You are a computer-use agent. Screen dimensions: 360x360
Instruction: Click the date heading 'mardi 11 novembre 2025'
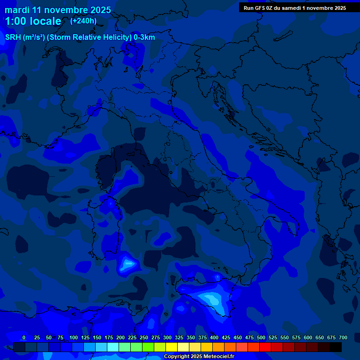pos(58,10)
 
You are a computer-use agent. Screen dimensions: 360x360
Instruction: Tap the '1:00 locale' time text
pos(33,21)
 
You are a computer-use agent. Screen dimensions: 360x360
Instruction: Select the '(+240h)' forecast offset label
pos(83,21)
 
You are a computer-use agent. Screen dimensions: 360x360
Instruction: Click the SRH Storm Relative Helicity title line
pos(80,37)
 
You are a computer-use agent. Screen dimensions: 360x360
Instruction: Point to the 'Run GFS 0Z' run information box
pos(295,8)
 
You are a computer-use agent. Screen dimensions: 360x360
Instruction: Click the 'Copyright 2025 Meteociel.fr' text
pos(199,357)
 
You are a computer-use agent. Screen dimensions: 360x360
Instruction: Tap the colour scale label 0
pos(24,338)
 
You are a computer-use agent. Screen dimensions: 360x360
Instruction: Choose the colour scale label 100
pos(74,338)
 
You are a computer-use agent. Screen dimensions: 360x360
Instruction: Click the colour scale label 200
pos(120,338)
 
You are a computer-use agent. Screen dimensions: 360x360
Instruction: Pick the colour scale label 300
pos(167,338)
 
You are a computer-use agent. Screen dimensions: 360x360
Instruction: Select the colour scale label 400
pos(214,338)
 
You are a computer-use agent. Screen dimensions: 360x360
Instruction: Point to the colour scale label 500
pos(261,338)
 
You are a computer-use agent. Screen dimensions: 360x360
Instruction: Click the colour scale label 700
pos(343,338)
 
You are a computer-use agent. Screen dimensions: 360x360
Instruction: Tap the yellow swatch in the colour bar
pos(172,347)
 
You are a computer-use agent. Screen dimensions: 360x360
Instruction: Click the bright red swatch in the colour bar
pos(265,347)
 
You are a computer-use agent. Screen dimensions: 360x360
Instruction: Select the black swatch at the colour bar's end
pos(336,347)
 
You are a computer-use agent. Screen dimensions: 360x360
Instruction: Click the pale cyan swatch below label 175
pos(113,347)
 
